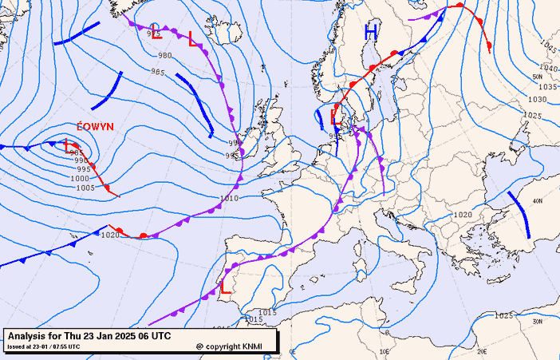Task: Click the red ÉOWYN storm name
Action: point(93,127)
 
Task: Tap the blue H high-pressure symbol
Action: point(371,33)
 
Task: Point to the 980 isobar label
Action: point(164,56)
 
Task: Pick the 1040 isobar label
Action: point(548,69)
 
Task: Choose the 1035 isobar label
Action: point(546,87)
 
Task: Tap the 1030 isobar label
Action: point(538,100)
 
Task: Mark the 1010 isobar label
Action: point(229,198)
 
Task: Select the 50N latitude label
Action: point(537,77)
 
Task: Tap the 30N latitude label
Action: point(537,322)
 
